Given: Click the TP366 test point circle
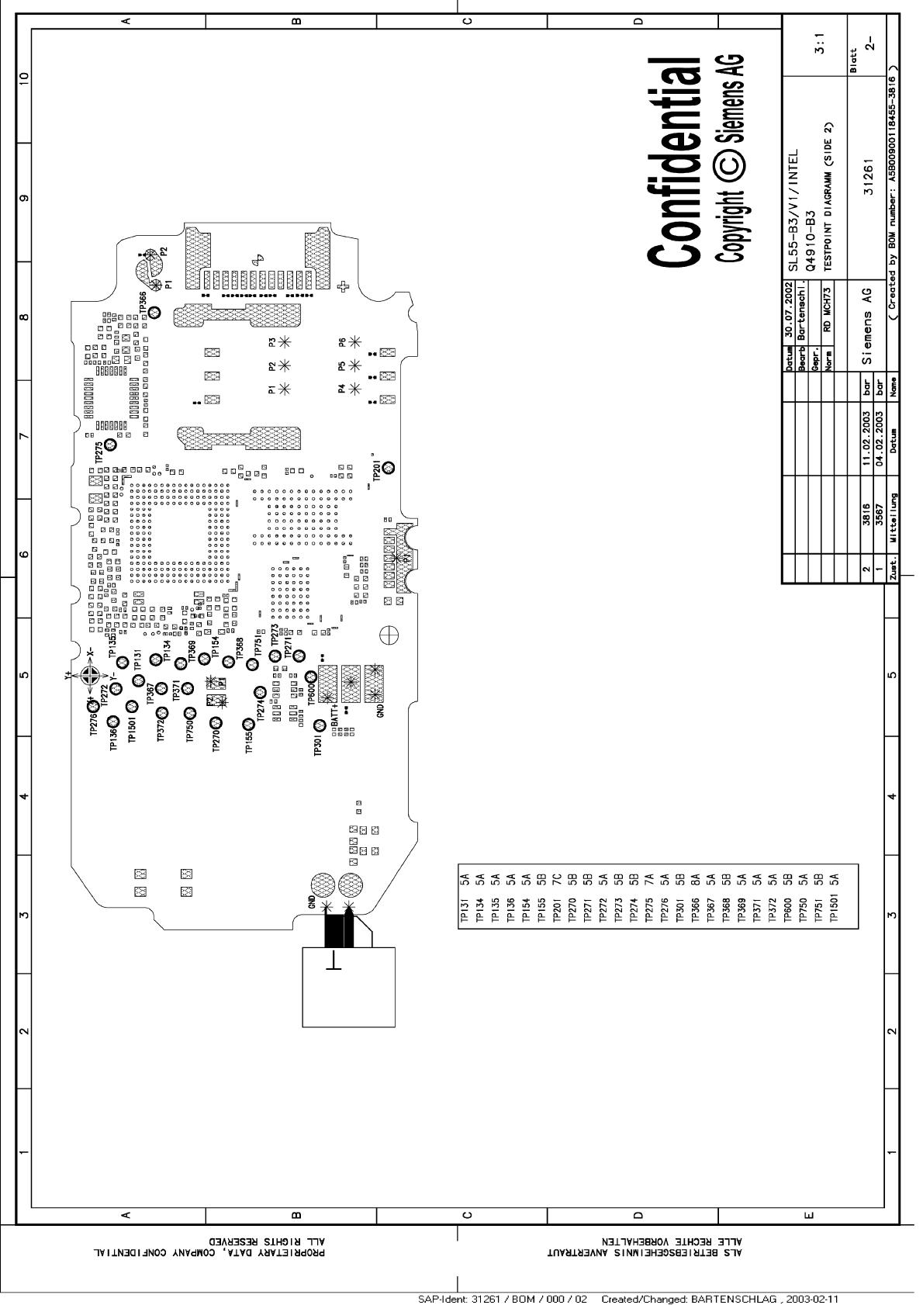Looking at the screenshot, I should [154, 312].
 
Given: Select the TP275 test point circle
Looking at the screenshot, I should [111, 445].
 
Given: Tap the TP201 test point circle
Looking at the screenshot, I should [388, 467].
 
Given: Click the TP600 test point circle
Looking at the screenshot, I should [311, 677].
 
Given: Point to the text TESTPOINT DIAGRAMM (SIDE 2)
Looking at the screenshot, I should [828, 196].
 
